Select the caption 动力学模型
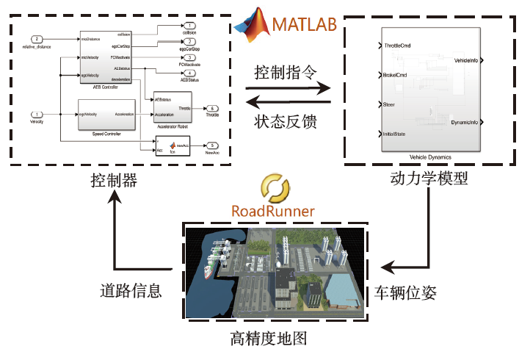[x=429, y=180]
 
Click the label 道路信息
[x=130, y=290]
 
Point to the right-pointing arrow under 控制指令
[x=289, y=89]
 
